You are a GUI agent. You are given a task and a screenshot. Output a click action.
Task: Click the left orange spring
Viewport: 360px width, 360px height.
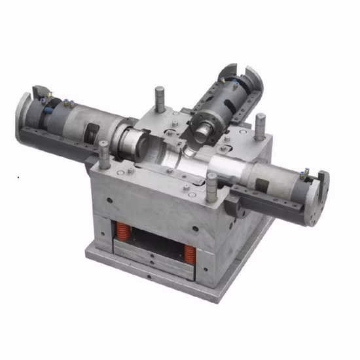tap(122, 230)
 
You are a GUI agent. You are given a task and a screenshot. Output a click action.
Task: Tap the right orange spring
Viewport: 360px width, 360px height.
tap(189, 253)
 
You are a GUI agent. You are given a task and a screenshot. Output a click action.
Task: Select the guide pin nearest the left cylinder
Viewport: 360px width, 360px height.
tap(104, 155)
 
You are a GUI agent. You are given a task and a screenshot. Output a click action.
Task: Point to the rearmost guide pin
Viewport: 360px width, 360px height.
tap(159, 98)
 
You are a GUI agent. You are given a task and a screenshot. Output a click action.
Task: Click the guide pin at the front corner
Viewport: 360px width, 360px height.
tap(211, 187)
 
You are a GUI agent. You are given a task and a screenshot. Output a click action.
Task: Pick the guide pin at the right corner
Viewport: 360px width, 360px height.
tap(261, 126)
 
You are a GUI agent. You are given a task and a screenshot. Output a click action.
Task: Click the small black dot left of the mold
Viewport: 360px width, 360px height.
tap(20, 177)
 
